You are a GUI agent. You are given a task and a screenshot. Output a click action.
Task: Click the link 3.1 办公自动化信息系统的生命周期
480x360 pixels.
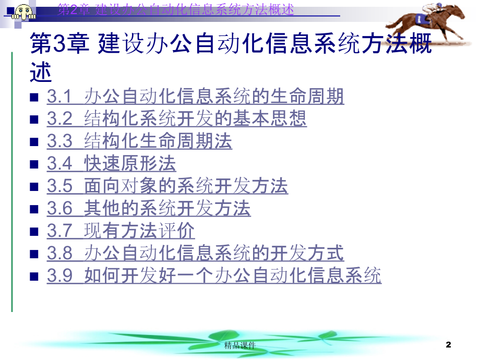[x=195, y=96]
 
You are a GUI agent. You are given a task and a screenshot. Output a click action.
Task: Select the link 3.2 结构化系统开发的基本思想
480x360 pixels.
[x=177, y=118]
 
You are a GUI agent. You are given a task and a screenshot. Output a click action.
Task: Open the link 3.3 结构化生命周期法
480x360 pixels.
[x=139, y=141]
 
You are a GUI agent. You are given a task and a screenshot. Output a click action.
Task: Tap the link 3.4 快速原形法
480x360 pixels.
[x=112, y=163]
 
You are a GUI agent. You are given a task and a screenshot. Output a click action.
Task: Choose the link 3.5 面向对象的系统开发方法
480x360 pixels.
[x=167, y=186]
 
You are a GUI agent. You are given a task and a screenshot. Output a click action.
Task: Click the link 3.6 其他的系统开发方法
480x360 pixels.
[x=149, y=208]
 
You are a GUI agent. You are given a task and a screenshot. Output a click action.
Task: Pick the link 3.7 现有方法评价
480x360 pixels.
[x=121, y=231]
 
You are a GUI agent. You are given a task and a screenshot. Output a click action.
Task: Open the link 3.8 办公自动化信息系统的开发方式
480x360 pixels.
[x=195, y=253]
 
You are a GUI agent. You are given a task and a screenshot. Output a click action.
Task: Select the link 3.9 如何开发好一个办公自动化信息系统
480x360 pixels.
[x=214, y=275]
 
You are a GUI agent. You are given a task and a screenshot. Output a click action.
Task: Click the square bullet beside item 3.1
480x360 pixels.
[x=34, y=98]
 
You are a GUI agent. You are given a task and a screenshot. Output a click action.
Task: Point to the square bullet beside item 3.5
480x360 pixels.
[x=34, y=187]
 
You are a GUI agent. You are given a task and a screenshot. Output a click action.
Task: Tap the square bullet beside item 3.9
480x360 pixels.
[x=34, y=277]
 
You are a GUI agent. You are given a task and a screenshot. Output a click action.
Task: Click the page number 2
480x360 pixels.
[x=449, y=345]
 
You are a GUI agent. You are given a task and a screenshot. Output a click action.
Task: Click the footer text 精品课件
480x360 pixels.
[x=239, y=345]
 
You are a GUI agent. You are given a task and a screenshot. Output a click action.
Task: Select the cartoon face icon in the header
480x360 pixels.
[x=23, y=11]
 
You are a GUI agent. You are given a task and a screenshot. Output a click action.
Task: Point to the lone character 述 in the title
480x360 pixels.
[x=41, y=72]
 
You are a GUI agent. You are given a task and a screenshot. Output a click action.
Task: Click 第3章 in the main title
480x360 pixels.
[x=59, y=43]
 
